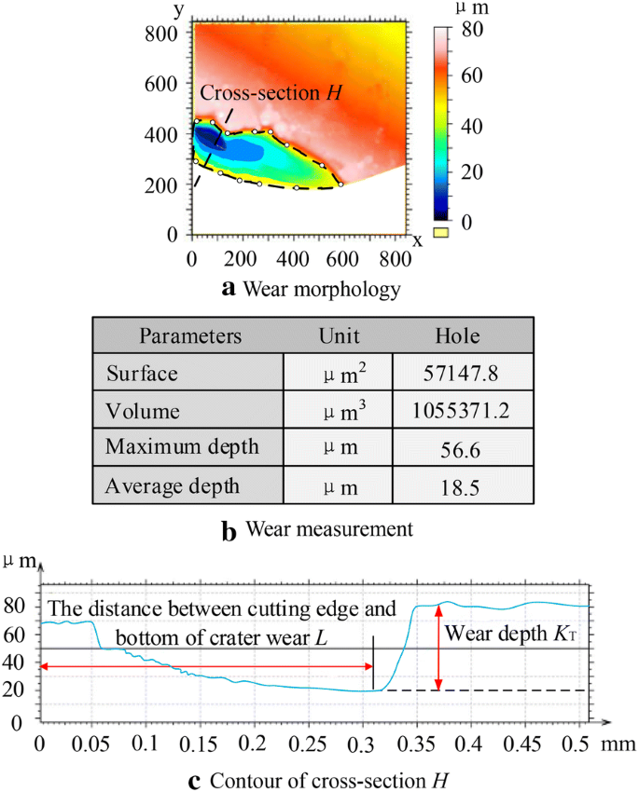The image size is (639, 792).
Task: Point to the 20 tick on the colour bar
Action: coord(472,172)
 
